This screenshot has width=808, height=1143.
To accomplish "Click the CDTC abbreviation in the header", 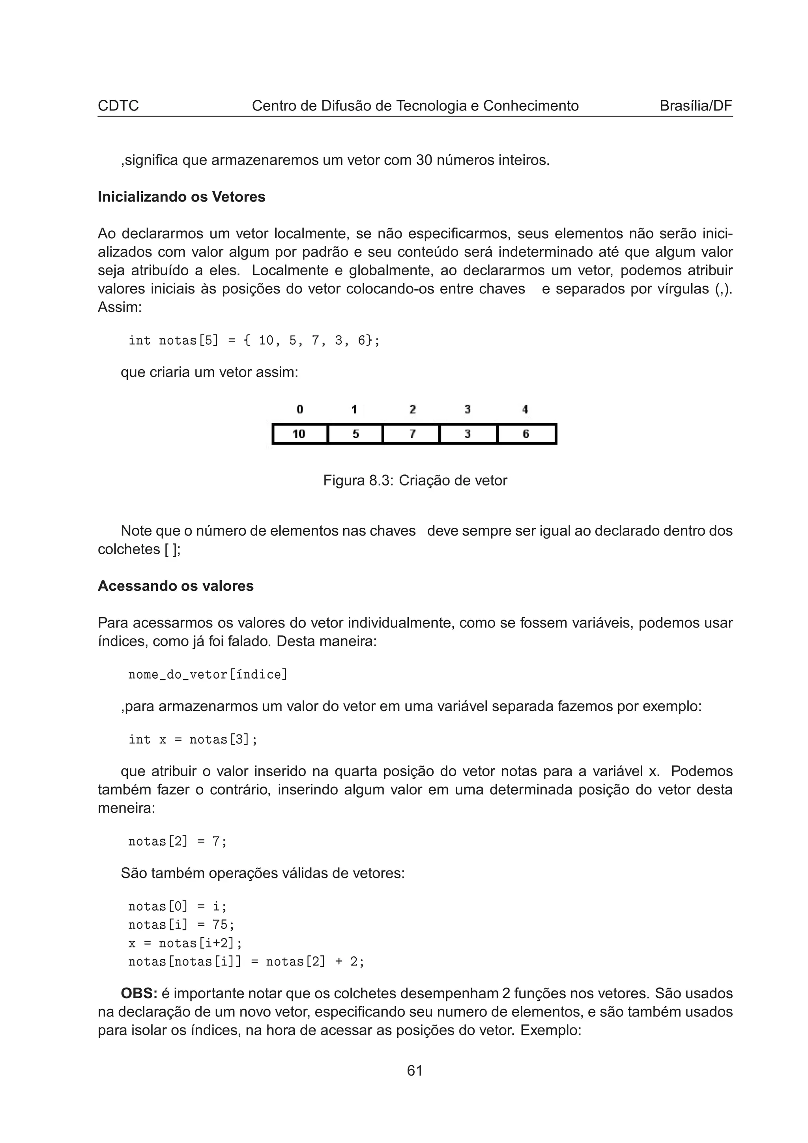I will coord(118,106).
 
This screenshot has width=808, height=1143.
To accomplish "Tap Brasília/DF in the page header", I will coord(696,106).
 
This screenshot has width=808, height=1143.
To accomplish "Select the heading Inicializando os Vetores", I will coord(181,197).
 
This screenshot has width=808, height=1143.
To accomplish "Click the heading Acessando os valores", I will coord(175,586).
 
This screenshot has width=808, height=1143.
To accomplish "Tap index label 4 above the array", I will coord(525,409).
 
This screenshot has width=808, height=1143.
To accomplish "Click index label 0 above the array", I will coord(300,409).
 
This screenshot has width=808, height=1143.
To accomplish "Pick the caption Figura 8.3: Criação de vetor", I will coord(415,480).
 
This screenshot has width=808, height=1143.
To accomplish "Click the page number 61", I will coord(415,1070).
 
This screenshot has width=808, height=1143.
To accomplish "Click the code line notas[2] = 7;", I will coord(177,841).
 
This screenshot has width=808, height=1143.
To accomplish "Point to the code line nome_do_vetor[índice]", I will coord(208,674).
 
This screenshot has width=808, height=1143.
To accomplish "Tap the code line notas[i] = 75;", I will coord(181,924).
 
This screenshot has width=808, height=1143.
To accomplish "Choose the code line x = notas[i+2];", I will coord(185,943).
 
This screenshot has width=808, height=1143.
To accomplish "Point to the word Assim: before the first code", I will coord(120,307).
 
